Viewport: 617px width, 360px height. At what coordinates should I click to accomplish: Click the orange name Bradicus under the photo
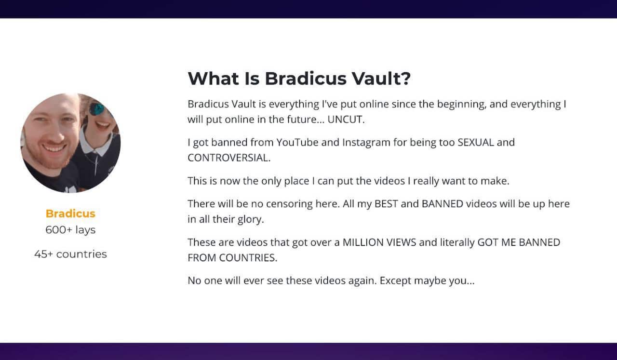70,213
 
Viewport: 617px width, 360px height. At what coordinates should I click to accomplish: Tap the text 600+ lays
70,230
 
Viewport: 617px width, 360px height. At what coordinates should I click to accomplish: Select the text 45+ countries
70,254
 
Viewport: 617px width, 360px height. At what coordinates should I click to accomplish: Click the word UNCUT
346,120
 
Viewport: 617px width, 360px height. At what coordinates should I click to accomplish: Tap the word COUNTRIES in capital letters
248,258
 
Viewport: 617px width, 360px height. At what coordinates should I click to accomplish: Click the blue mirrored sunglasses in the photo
97,109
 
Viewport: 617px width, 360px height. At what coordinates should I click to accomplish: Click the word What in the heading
213,79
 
